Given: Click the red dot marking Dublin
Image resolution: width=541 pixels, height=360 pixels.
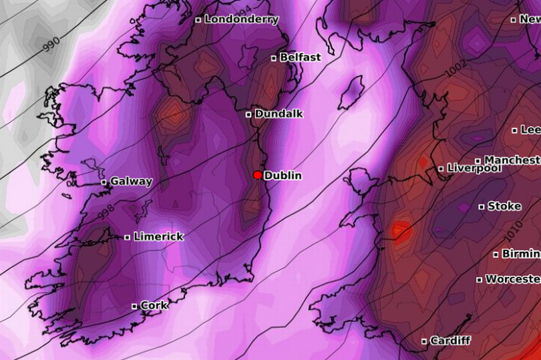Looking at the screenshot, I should (257, 175).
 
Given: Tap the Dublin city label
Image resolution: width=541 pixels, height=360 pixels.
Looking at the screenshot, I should (283, 176).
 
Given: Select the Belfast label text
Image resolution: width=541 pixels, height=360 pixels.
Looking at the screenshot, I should (300, 57).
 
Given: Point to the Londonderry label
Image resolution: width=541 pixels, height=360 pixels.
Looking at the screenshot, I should (241, 19).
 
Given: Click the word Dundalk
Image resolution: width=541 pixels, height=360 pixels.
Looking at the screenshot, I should (279, 114).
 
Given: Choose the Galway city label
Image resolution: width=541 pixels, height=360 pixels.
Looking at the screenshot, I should (131, 182).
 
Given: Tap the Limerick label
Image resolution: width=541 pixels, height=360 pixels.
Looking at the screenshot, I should (158, 236).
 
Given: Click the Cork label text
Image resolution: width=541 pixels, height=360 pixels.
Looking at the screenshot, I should (154, 305).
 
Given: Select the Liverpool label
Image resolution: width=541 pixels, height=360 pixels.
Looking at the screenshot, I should (474, 168).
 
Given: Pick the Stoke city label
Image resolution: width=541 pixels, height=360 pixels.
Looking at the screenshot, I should (504, 206).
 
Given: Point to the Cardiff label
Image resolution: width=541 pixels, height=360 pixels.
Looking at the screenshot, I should (450, 341).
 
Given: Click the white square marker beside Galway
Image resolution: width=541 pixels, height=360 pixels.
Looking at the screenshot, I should (104, 182).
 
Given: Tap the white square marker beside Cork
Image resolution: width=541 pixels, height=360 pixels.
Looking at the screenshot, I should (134, 306).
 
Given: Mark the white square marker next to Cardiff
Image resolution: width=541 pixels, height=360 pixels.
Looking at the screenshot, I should (424, 341).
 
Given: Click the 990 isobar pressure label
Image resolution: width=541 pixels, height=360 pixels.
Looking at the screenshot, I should (51, 43).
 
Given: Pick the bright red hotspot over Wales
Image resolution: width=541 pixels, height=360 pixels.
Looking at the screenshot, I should (400, 231).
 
